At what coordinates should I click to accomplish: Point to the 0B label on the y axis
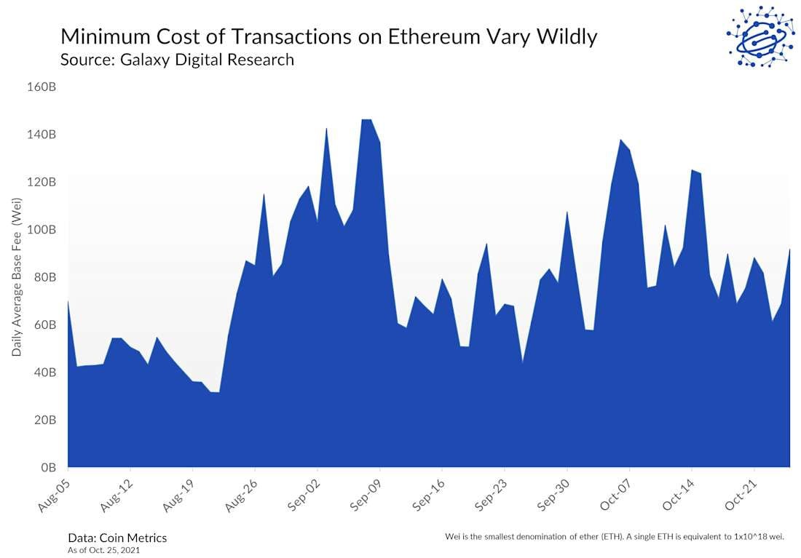click(48, 467)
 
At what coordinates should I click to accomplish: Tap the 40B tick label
click(45, 372)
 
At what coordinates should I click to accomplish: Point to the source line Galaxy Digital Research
click(177, 60)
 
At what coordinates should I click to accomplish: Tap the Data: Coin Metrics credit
click(117, 538)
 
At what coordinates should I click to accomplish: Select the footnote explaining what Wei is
click(614, 536)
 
